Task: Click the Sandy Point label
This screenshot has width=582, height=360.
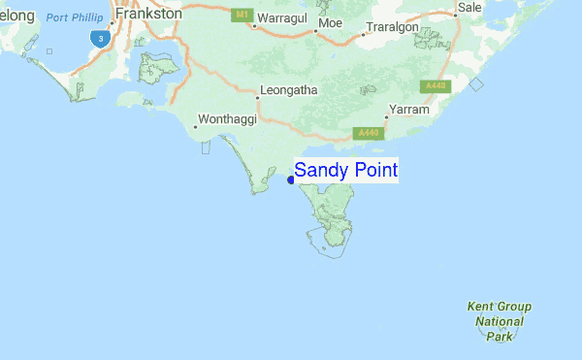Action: pos(345,171)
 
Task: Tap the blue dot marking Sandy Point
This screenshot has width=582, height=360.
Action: pos(291,180)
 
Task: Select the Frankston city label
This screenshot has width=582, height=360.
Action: pos(147,15)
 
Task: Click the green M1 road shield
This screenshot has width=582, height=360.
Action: pos(241,16)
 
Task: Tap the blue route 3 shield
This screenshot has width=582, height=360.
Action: pos(99,38)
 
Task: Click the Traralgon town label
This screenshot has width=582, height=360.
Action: pos(393,27)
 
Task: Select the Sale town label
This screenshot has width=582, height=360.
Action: pos(469,8)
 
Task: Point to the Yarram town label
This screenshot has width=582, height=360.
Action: pos(408,110)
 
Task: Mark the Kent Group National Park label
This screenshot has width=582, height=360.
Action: pos(499,321)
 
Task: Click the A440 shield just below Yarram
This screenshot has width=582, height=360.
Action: pos(369,132)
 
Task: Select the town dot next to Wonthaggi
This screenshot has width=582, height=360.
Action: pos(196,127)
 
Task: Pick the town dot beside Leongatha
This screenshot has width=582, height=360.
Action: pos(257,98)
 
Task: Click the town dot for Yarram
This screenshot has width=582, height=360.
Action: pos(386,117)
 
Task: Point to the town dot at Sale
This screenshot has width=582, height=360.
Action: pos(455,16)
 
